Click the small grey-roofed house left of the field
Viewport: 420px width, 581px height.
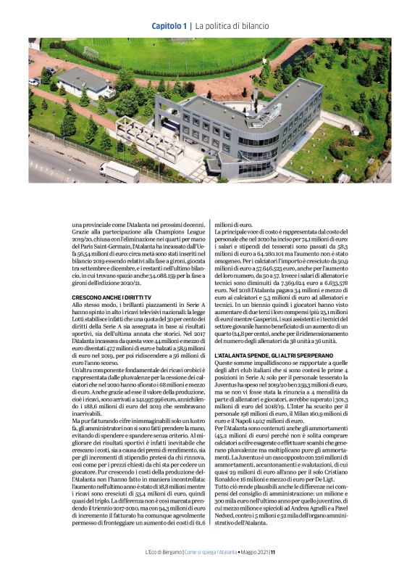point(84,83)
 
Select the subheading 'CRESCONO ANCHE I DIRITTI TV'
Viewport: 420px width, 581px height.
point(112,297)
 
